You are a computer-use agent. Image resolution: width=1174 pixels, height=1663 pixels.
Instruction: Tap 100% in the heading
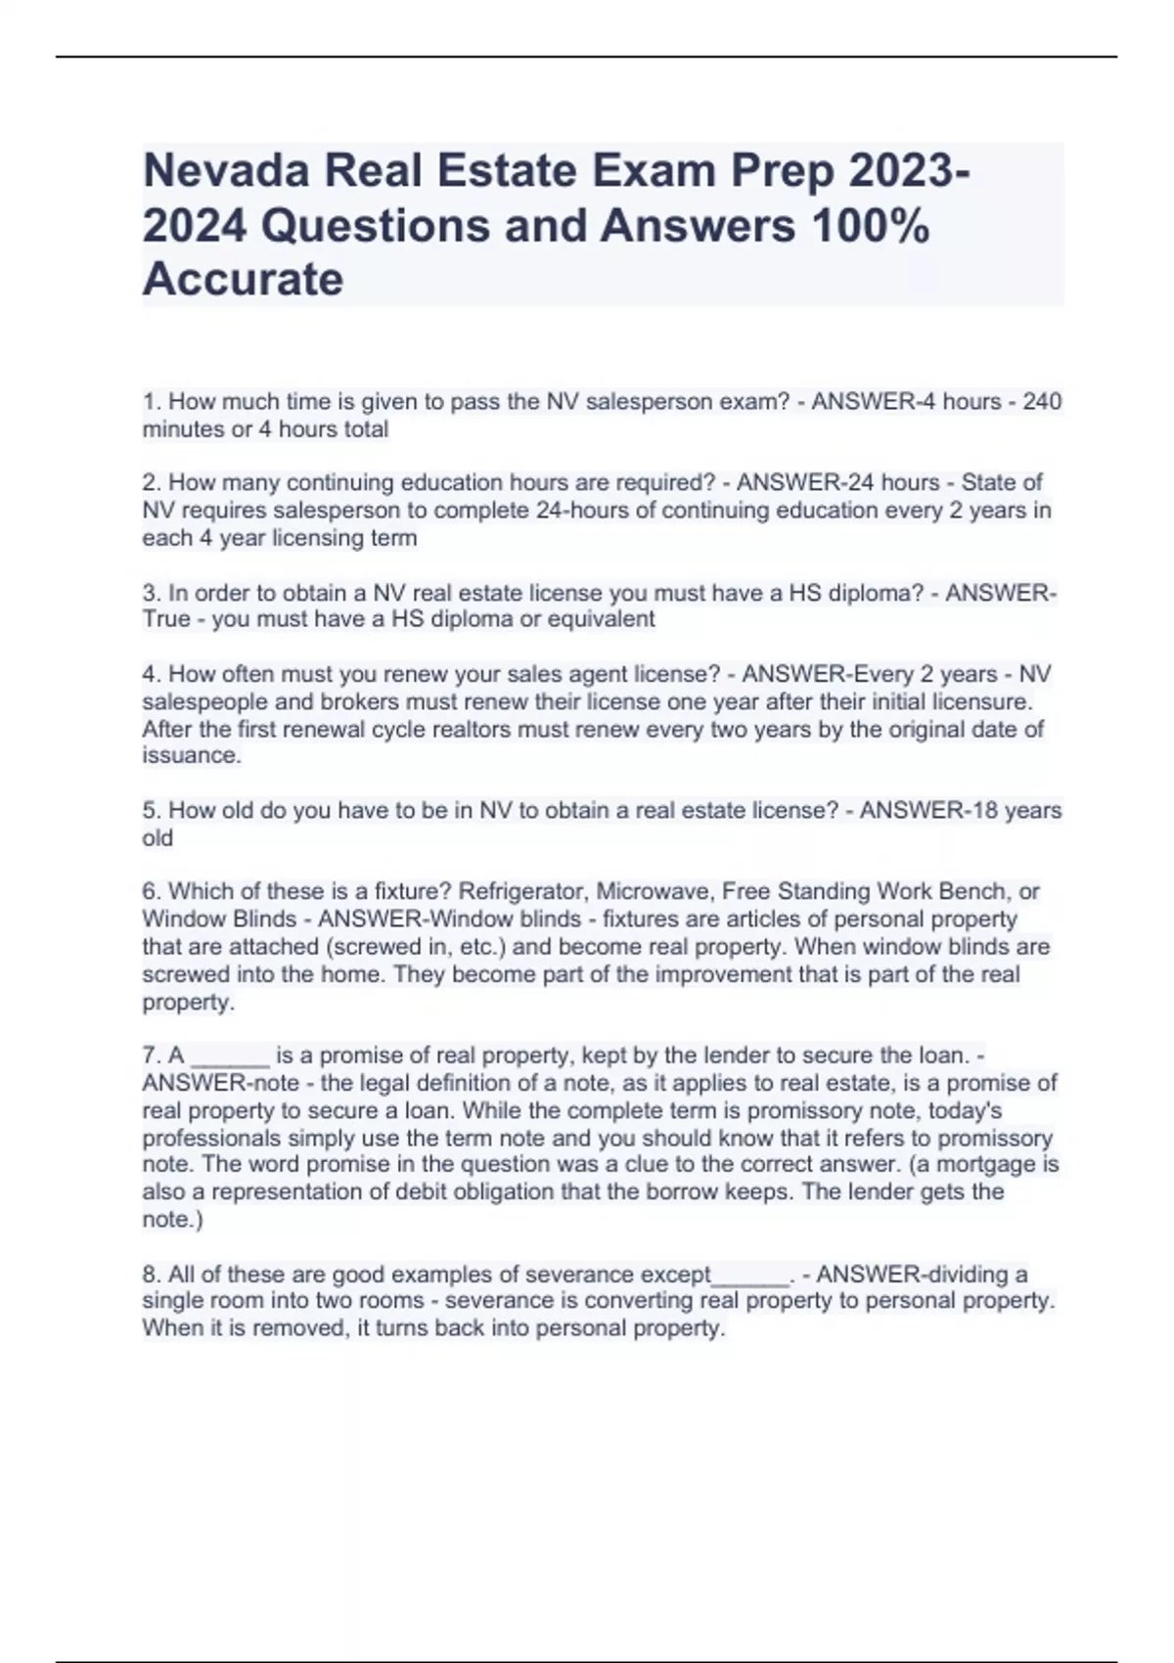[x=869, y=226]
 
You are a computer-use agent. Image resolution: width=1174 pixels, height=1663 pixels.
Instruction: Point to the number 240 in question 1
[x=1042, y=402]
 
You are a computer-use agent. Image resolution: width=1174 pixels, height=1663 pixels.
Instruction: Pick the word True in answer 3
[x=165, y=619]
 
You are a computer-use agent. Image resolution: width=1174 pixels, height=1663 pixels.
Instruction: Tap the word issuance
[x=190, y=755]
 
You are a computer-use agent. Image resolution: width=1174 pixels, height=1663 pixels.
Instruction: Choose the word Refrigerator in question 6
[x=523, y=891]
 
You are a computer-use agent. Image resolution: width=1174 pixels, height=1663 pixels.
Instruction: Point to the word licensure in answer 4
[x=981, y=701]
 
